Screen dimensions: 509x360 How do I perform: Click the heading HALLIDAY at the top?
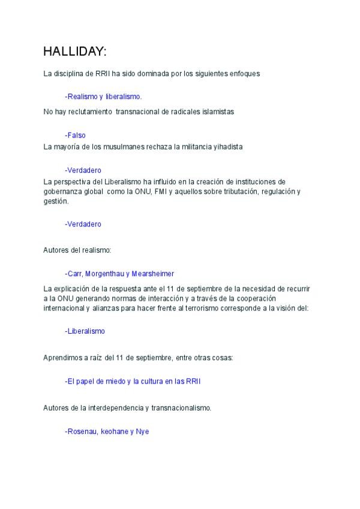click(74, 52)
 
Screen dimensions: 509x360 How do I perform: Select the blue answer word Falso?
click(76, 135)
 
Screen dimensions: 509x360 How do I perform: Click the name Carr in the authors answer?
click(76, 273)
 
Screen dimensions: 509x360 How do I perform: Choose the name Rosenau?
click(82, 431)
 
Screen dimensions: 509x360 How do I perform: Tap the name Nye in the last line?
click(142, 431)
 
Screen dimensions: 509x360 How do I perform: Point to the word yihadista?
click(227, 146)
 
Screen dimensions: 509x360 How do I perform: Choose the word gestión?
click(56, 202)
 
